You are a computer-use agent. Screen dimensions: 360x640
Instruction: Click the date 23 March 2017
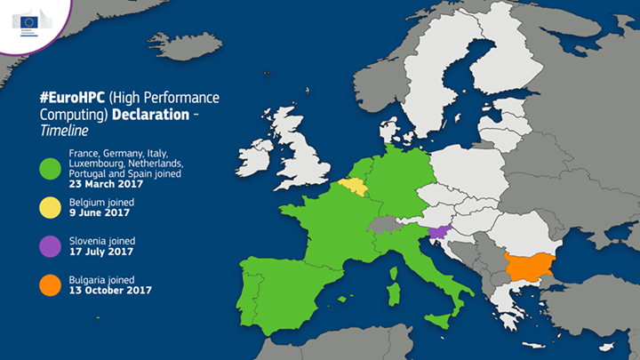(106, 184)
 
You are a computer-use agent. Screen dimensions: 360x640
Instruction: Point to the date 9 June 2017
(100, 213)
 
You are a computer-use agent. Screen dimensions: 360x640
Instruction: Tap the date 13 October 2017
(110, 290)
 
